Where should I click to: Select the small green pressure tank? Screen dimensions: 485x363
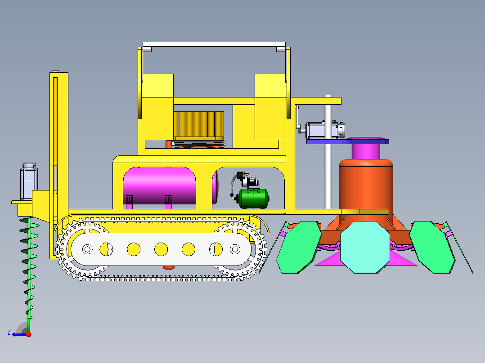click(253, 198)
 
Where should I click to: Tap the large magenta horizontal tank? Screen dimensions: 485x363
click(159, 186)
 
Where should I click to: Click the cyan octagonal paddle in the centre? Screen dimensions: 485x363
click(365, 247)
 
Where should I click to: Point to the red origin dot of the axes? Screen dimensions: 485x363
click(28, 334)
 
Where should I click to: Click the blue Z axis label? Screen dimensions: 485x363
click(9, 332)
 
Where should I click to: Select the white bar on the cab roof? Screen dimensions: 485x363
click(214, 44)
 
